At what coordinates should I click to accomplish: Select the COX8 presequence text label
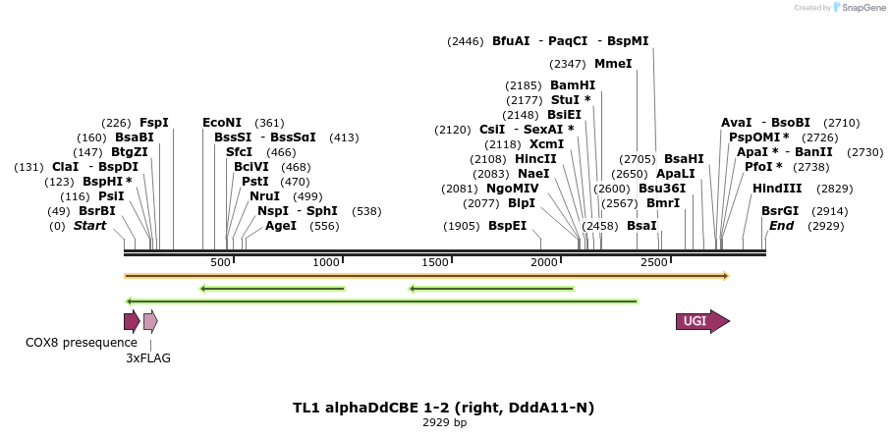point(82,343)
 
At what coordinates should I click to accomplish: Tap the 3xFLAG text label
point(148,358)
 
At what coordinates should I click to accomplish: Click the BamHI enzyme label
point(573,85)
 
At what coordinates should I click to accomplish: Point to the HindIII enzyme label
point(777,189)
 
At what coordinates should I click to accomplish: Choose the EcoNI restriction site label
point(222,123)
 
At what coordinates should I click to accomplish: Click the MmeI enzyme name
point(613,64)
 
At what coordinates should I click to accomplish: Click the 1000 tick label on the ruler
point(326,262)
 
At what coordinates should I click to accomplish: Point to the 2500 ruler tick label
point(654,262)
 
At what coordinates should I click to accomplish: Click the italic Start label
point(89,226)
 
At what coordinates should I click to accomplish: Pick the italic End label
point(782,226)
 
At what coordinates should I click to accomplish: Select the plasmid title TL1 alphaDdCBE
point(443,407)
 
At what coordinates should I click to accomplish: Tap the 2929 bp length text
point(444,422)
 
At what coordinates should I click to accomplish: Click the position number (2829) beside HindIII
point(835,189)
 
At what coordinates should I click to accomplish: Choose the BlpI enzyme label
point(522,203)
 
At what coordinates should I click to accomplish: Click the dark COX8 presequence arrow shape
point(131,321)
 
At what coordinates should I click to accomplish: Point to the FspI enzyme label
point(154,123)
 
